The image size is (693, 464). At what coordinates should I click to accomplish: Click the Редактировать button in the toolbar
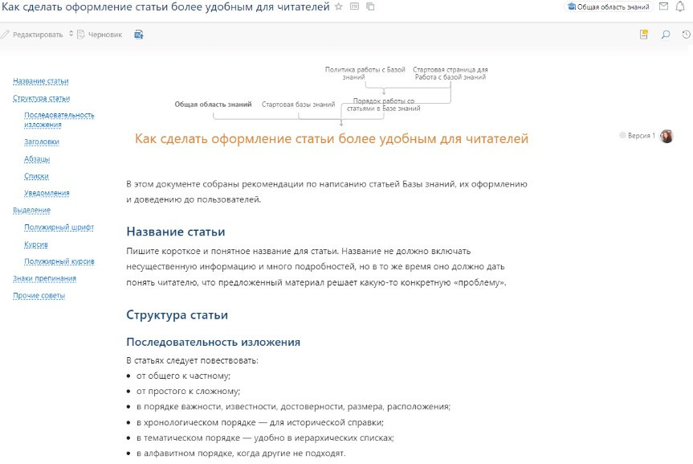(37, 35)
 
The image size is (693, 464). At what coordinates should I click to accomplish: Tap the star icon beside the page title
(339, 6)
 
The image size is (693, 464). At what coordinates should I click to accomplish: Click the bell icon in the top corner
(680, 6)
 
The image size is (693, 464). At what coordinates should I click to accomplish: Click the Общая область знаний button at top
(609, 6)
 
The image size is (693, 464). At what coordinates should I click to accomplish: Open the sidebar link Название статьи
(41, 81)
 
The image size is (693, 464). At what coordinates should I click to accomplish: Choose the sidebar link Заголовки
(42, 142)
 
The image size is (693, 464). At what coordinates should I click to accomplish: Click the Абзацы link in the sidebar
(37, 159)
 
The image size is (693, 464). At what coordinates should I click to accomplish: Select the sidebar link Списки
(36, 176)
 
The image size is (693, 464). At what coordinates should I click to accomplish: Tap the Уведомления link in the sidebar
(47, 193)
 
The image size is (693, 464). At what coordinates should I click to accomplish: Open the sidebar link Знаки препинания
(45, 278)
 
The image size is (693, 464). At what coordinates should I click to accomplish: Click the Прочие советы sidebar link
(39, 296)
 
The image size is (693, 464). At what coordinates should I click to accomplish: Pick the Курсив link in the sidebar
(36, 244)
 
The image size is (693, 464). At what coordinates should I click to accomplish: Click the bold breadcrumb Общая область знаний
(213, 105)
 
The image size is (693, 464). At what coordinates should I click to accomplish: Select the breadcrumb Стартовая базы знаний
(299, 105)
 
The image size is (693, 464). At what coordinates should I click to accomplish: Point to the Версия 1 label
(641, 136)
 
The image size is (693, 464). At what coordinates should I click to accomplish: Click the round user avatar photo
(667, 136)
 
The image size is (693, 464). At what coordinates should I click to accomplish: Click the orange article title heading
(332, 139)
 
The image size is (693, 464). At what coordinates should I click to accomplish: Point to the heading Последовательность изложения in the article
(214, 343)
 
